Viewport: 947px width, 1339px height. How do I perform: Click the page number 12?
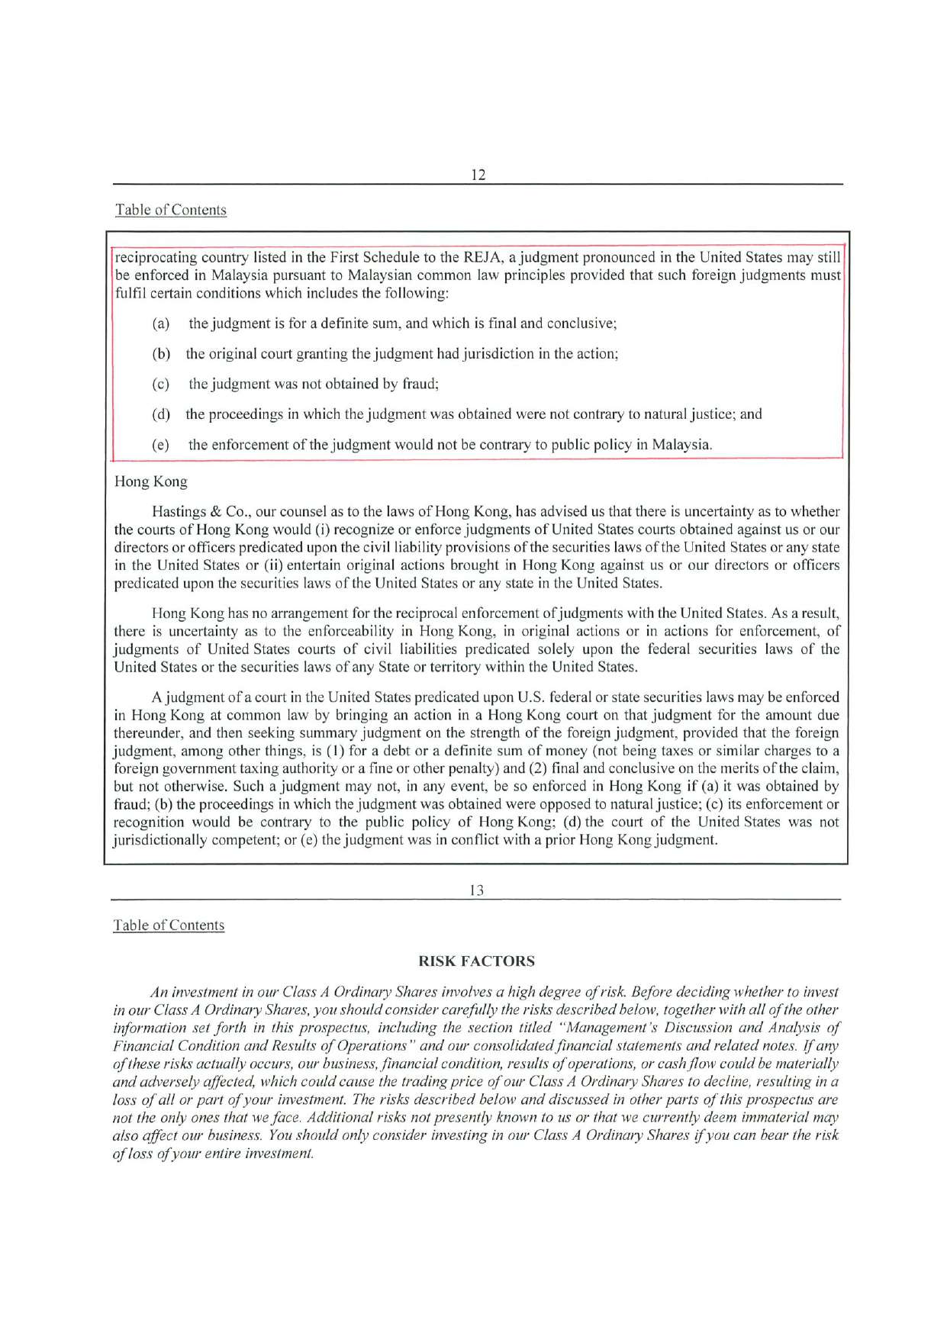coord(478,174)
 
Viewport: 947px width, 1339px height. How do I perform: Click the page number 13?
coord(476,890)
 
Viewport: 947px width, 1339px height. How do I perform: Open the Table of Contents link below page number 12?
coord(171,210)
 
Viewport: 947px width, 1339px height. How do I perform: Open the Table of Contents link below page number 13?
coord(169,925)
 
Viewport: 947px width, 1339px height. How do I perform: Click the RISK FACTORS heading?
coord(477,961)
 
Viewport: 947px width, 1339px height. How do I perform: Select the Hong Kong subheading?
coord(150,481)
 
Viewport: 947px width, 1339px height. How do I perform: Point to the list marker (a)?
coord(160,323)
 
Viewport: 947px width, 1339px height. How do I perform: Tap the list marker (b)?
coord(160,354)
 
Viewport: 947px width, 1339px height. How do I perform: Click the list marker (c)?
coord(160,384)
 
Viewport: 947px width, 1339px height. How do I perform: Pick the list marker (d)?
coord(160,414)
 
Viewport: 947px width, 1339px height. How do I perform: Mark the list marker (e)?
coord(160,445)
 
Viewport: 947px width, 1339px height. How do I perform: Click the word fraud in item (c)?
coord(418,384)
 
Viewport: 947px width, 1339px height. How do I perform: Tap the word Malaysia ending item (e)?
coord(681,445)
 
